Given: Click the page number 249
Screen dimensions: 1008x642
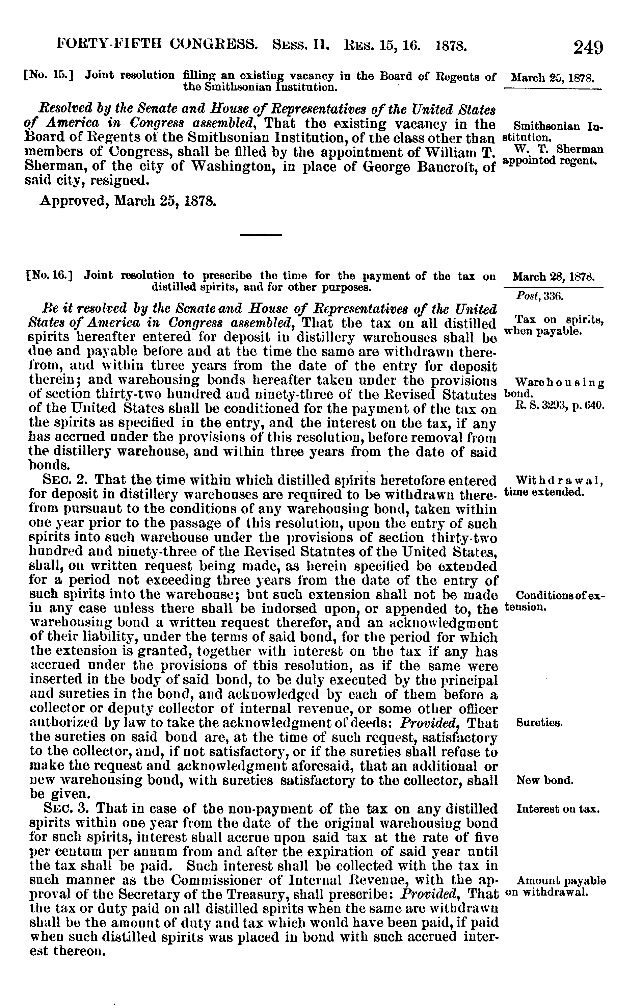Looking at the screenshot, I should [588, 47].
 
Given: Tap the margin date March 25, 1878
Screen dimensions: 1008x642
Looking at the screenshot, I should [553, 78].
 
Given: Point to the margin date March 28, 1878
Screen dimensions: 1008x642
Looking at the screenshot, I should [553, 277].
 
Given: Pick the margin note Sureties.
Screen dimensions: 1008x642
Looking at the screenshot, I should [539, 723].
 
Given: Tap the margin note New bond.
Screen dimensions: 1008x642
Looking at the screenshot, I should [545, 780].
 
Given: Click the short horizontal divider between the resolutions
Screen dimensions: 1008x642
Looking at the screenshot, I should [260, 234].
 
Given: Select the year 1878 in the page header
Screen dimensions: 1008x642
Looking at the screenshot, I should [451, 45].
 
